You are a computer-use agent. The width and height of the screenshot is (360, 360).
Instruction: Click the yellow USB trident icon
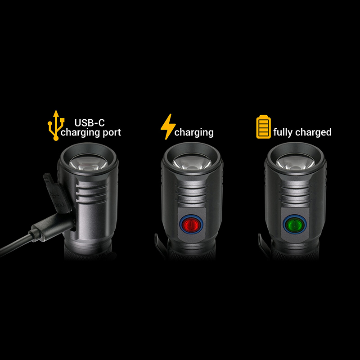[x=56, y=126]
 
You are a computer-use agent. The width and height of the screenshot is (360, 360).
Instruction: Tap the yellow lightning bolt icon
[x=168, y=127]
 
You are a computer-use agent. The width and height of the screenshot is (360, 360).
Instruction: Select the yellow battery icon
[x=263, y=127]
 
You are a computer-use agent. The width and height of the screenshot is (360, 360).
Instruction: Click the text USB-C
[x=90, y=123]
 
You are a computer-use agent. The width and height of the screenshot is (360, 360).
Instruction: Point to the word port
[x=112, y=133]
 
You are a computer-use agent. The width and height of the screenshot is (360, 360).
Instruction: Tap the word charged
[x=313, y=132]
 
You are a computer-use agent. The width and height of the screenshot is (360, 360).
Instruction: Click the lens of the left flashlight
[x=88, y=162]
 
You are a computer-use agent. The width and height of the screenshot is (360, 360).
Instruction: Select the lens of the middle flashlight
[x=192, y=162]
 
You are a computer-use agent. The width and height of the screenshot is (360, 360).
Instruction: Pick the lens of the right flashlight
[x=296, y=162]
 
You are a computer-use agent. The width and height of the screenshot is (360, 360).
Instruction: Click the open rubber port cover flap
[x=56, y=193]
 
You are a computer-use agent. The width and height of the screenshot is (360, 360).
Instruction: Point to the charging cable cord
[x=16, y=244]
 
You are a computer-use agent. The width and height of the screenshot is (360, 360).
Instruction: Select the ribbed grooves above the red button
[x=192, y=193]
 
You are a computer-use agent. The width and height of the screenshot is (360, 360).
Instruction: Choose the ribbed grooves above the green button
[x=296, y=193]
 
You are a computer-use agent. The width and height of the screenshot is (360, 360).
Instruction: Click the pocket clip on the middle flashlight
[x=160, y=246]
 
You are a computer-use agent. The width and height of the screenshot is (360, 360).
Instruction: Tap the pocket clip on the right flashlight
[x=264, y=246]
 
